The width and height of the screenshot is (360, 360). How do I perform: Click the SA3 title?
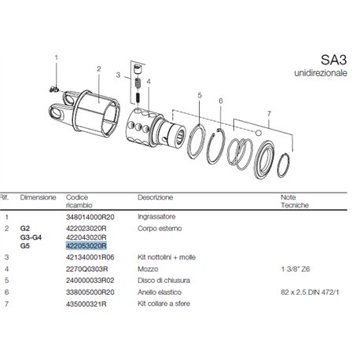click(333, 60)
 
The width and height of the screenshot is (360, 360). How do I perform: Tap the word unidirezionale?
click(321, 73)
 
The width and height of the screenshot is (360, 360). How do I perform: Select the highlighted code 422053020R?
click(86, 246)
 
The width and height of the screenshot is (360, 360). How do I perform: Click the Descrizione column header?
click(155, 197)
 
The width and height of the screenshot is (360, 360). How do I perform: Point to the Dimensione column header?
click(38, 197)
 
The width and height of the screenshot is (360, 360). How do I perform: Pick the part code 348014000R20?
click(90, 217)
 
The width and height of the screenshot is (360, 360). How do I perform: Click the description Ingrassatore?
click(156, 217)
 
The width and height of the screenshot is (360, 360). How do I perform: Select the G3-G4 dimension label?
click(31, 237)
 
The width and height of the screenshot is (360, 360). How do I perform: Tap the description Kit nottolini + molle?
click(167, 257)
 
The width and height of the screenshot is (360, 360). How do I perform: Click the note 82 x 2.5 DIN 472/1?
click(310, 292)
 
